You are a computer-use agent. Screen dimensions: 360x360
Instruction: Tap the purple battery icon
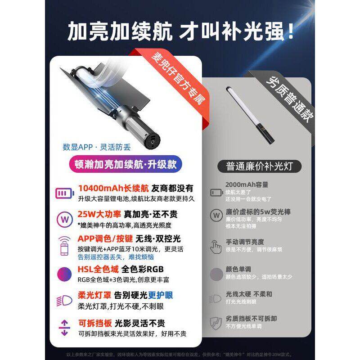(x=63, y=193)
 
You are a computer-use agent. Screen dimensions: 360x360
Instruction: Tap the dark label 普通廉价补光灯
(x=261, y=165)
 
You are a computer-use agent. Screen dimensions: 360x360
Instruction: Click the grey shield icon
(x=216, y=322)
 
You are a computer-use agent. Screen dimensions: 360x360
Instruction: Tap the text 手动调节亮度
(x=245, y=242)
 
